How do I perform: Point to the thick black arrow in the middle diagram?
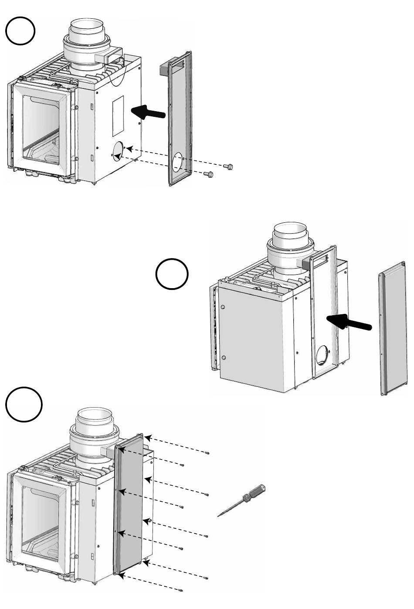coord(349,323)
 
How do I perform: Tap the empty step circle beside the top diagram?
coord(20,31)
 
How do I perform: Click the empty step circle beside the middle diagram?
coord(172,275)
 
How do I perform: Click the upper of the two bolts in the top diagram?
coord(227,167)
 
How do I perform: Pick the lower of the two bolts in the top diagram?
coord(209,174)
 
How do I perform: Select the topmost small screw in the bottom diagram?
coord(207,453)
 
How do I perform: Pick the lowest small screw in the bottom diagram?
coord(180,591)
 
